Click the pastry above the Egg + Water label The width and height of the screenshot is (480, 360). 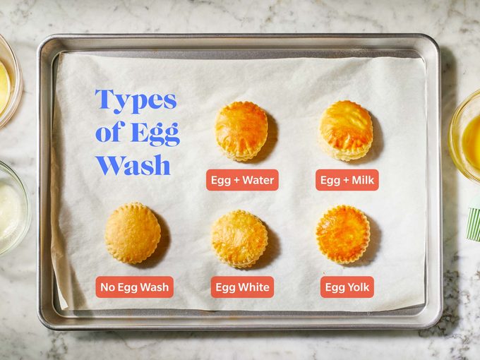point(241,131)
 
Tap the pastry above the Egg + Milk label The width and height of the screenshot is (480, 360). point(346,130)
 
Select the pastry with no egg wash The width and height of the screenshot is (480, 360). point(133,233)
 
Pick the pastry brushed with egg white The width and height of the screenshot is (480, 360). point(240,239)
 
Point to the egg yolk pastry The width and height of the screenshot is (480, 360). point(343,234)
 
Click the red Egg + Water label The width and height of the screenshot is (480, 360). point(242,180)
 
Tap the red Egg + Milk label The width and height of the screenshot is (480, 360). point(347,180)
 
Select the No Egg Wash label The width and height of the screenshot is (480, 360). point(135,287)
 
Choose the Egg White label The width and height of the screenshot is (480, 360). point(242,287)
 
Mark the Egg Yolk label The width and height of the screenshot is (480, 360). point(347,287)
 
